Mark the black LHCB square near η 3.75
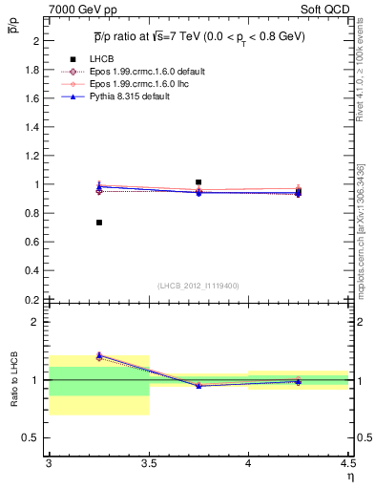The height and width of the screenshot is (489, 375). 198,181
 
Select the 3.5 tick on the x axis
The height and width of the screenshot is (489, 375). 149,463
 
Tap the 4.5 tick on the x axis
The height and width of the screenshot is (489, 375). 347,463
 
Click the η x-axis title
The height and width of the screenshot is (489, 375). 350,476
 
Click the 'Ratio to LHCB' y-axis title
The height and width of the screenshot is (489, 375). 13,381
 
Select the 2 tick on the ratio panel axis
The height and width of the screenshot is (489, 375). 37,322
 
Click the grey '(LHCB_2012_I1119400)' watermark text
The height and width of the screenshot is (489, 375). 198,286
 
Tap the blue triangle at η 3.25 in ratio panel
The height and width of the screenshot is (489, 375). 99,354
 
